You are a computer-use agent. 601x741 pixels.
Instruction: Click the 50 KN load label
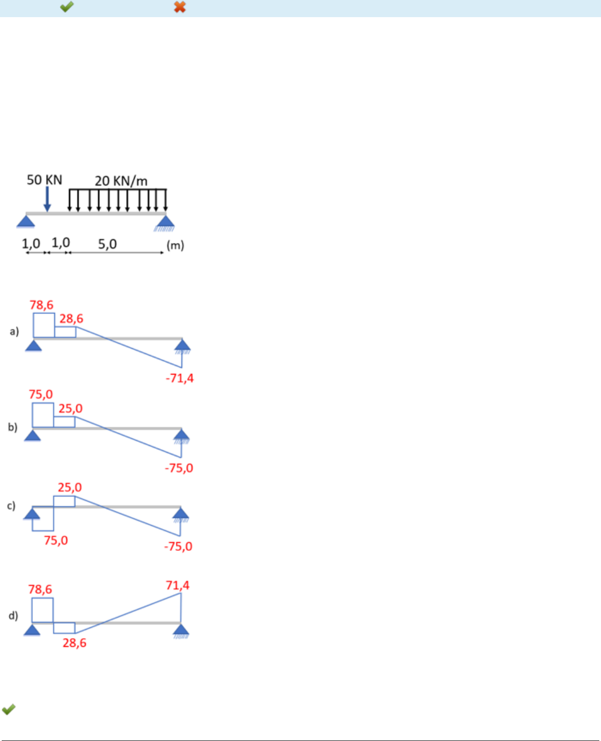[45, 180]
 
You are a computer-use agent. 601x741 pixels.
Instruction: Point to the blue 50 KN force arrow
[47, 199]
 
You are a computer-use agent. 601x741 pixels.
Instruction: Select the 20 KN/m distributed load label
[121, 181]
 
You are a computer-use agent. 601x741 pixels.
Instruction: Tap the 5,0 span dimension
[107, 244]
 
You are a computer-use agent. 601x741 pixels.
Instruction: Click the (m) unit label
[175, 245]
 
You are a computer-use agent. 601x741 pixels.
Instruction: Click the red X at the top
[180, 7]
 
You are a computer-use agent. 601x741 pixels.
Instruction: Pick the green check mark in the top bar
[67, 7]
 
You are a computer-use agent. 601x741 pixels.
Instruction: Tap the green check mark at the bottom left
[9, 710]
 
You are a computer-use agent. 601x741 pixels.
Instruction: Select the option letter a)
[14, 331]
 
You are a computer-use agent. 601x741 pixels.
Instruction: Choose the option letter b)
[13, 427]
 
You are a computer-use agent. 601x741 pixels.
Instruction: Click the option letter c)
[11, 506]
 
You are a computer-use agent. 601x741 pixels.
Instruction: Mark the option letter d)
[13, 616]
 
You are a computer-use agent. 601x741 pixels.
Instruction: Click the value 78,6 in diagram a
[42, 305]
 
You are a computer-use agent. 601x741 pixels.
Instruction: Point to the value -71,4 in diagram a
[180, 378]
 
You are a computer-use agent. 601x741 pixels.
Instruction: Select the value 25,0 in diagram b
[70, 409]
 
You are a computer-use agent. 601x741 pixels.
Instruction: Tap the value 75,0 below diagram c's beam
[56, 540]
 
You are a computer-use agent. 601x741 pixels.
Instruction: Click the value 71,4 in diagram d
[178, 585]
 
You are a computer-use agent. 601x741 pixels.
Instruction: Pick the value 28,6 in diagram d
[74, 643]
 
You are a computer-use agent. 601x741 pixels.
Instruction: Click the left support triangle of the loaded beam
[26, 221]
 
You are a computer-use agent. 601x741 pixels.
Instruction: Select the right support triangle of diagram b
[181, 436]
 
